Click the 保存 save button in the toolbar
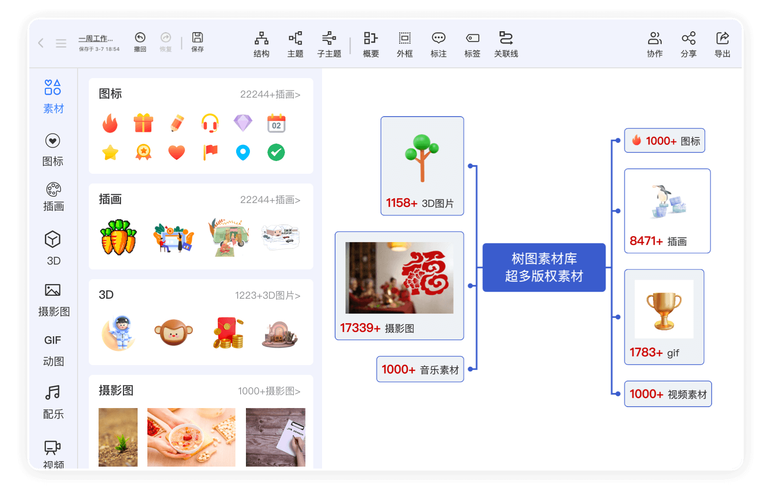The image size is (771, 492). (198, 41)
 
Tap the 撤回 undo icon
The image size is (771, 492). (140, 41)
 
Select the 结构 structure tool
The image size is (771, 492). (262, 44)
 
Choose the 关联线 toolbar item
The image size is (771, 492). (506, 44)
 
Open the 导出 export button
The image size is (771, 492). (722, 44)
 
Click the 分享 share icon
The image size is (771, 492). (689, 44)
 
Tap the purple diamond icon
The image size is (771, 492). (243, 123)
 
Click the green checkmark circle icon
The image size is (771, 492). (276, 152)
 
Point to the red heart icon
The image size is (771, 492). (177, 152)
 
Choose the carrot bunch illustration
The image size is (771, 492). (118, 237)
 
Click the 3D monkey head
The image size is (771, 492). (174, 333)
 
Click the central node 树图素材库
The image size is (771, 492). (544, 267)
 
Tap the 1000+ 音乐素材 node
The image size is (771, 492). (420, 369)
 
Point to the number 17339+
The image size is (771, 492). (360, 328)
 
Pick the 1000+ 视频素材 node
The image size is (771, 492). (668, 394)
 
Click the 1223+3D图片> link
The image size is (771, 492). (267, 295)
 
